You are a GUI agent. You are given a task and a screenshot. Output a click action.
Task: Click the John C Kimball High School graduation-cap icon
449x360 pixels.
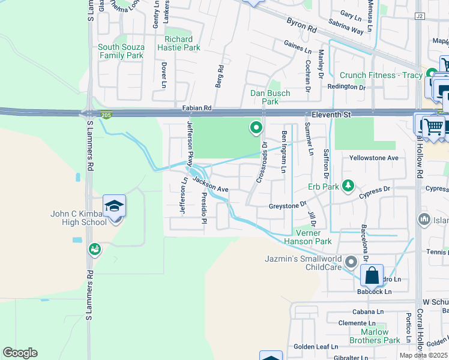(x=114, y=206)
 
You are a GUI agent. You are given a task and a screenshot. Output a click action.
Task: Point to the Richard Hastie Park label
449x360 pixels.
(x=179, y=43)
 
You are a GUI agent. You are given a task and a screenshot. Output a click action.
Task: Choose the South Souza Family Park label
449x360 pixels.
(x=121, y=51)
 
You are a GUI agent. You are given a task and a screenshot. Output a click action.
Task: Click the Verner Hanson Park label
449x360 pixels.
(x=313, y=237)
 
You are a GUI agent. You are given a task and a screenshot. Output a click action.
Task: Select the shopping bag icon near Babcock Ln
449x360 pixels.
(x=372, y=275)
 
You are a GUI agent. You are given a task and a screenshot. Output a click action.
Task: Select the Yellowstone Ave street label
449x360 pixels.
(x=375, y=158)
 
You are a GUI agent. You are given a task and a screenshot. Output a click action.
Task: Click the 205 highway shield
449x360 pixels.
(x=107, y=115)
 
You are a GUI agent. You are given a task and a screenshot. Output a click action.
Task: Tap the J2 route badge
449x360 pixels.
(x=419, y=16)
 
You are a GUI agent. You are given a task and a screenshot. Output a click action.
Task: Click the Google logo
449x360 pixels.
(x=20, y=353)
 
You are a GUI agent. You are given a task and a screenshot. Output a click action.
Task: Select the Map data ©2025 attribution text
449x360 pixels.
(x=423, y=355)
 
